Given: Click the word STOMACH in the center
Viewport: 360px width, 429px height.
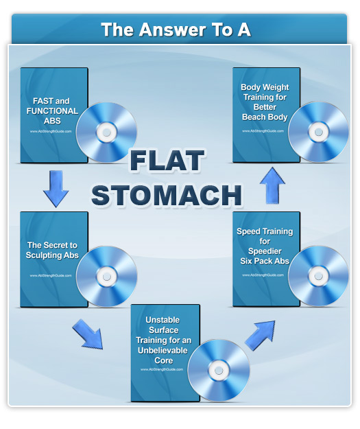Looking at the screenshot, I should coord(167,194).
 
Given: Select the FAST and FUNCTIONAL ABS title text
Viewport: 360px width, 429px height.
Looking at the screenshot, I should coord(51,111).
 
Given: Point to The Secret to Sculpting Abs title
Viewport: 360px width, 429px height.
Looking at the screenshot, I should coord(51,250).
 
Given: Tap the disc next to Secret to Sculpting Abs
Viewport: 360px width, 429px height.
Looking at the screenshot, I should coord(106,275).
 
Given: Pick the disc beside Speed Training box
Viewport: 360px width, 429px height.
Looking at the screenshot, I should coord(318,275).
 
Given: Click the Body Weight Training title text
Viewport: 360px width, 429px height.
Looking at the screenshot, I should coord(264,102).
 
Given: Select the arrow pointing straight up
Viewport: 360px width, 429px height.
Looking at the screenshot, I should coord(272,186).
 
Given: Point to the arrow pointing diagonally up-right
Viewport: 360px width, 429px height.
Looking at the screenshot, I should coord(260,334).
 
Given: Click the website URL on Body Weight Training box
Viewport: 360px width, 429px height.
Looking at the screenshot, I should coord(264,130).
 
